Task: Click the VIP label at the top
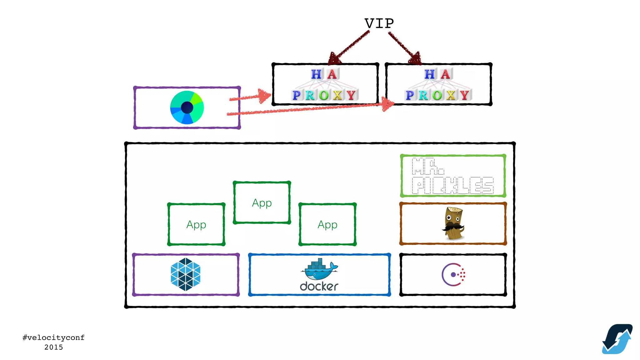pyautogui.click(x=379, y=24)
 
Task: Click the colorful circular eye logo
pyautogui.click(x=187, y=107)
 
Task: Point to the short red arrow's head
pyautogui.click(x=264, y=96)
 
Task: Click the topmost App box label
pyautogui.click(x=262, y=203)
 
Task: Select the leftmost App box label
pyautogui.click(x=196, y=224)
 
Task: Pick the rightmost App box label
pyautogui.click(x=327, y=224)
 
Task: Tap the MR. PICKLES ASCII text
pyautogui.click(x=452, y=176)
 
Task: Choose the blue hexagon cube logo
pyautogui.click(x=186, y=274)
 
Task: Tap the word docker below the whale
pyautogui.click(x=319, y=286)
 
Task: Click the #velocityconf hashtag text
pyautogui.click(x=53, y=337)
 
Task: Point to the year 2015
pyautogui.click(x=53, y=347)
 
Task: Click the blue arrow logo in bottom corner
pyautogui.click(x=617, y=339)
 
